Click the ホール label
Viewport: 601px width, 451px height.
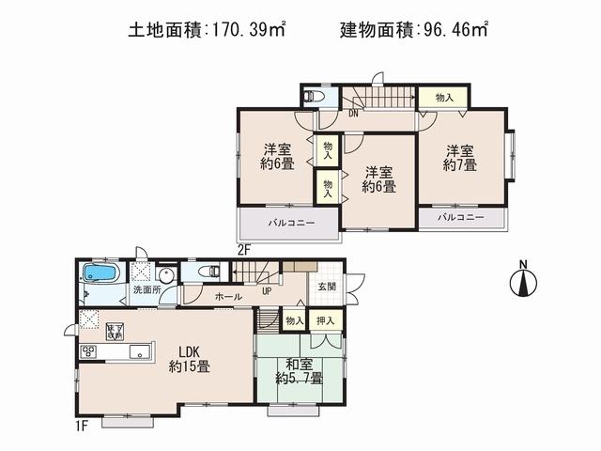[227, 297]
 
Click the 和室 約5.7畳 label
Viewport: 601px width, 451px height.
[299, 370]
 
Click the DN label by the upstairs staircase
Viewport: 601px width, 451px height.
[353, 115]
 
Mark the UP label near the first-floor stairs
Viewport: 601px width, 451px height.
[267, 291]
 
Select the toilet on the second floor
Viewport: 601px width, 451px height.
[315, 97]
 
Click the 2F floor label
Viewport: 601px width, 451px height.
[243, 250]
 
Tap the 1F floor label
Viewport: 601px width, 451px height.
[84, 425]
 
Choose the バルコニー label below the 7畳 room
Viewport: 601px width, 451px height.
[461, 217]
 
